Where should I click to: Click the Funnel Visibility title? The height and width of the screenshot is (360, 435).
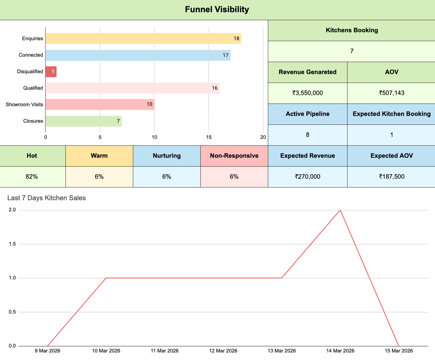pyautogui.click(x=217, y=9)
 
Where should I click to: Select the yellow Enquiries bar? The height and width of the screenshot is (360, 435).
pyautogui.click(x=143, y=39)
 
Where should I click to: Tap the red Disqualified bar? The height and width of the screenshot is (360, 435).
pyautogui.click(x=51, y=72)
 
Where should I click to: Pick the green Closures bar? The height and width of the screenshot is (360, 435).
pyautogui.click(x=83, y=121)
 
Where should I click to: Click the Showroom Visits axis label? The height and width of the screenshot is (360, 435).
pyautogui.click(x=24, y=105)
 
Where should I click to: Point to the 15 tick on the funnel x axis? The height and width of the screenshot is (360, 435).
pyautogui.click(x=209, y=137)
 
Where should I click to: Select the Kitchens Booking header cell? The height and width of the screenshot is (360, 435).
pyautogui.click(x=352, y=30)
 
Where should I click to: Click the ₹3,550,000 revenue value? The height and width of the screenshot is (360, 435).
pyautogui.click(x=307, y=93)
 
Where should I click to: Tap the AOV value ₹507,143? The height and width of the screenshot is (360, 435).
pyautogui.click(x=391, y=93)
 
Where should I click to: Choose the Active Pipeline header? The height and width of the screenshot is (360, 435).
pyautogui.click(x=307, y=114)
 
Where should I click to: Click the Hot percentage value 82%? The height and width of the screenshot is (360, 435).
pyautogui.click(x=32, y=177)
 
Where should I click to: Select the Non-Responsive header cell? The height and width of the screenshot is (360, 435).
pyautogui.click(x=234, y=156)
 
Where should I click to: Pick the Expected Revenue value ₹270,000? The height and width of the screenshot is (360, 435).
pyautogui.click(x=307, y=177)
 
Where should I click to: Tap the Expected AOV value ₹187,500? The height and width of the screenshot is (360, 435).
pyautogui.click(x=391, y=177)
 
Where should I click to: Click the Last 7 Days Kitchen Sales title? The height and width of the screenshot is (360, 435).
pyautogui.click(x=47, y=198)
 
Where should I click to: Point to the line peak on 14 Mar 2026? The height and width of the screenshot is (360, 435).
pyautogui.click(x=340, y=210)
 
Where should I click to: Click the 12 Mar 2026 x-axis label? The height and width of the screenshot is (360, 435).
pyautogui.click(x=223, y=351)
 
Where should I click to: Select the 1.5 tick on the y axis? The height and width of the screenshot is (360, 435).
pyautogui.click(x=12, y=244)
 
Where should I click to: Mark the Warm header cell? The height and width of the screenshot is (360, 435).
pyautogui.click(x=99, y=156)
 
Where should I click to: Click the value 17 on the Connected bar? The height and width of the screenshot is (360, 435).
pyautogui.click(x=225, y=55)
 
